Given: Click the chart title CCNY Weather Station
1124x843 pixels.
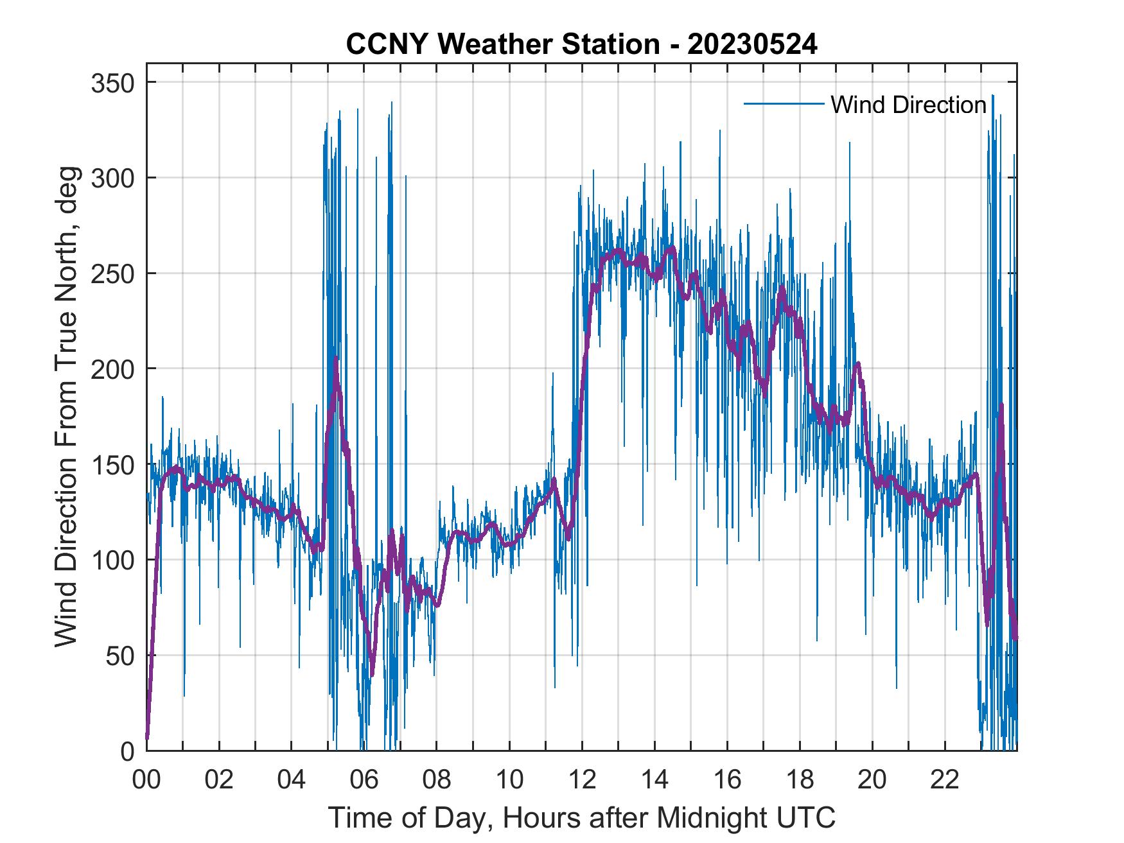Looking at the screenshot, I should (x=502, y=44).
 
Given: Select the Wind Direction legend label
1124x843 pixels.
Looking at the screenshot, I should (x=908, y=105).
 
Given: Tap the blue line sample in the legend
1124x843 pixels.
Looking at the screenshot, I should (x=784, y=104).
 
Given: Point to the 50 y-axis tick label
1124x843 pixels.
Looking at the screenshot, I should (x=122, y=656).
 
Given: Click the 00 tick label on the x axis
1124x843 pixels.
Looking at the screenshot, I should (x=146, y=781).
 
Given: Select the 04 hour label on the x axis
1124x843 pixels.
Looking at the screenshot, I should (x=292, y=781).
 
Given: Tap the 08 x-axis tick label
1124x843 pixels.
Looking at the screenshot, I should (x=437, y=781).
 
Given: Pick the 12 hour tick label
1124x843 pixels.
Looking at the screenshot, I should (x=582, y=781).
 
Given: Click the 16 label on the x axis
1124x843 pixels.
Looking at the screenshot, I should (x=727, y=781).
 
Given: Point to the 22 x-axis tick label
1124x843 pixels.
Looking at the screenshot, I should (x=945, y=781).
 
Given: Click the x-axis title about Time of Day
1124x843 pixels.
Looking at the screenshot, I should (x=582, y=818).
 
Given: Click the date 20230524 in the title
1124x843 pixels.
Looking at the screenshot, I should (x=752, y=44).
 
